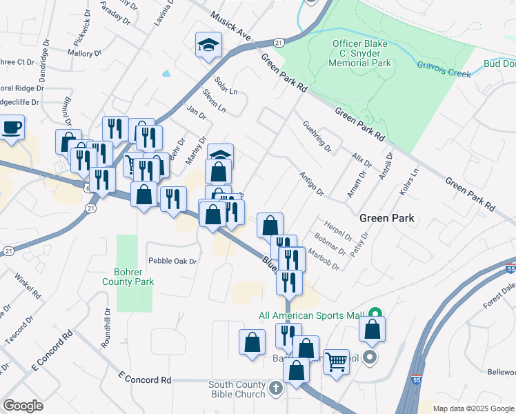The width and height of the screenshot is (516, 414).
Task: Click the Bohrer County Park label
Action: (128, 276)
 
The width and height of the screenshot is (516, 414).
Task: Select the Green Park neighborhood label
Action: (386, 218)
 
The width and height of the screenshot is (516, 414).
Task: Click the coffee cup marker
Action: (12, 128)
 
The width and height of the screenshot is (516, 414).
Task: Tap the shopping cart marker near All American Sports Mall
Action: (336, 360)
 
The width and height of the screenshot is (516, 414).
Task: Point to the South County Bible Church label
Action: (237, 388)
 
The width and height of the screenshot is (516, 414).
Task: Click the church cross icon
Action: (276, 388)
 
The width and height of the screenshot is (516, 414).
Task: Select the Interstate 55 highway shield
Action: (510, 268)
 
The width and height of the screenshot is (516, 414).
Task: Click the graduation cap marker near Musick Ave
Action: (206, 46)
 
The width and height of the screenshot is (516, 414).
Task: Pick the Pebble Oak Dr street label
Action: (173, 262)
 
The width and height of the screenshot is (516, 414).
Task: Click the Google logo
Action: (23, 406)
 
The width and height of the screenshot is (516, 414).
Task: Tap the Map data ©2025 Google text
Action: (473, 408)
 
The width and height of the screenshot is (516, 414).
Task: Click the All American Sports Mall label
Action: (311, 316)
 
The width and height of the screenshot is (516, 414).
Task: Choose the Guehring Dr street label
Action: (317, 137)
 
